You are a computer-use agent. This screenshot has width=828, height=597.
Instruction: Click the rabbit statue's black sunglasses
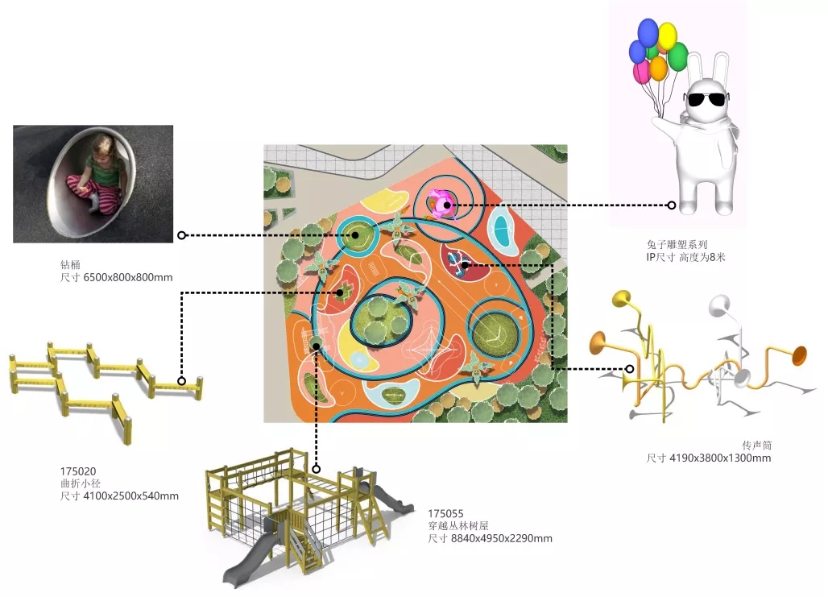[x=705, y=100]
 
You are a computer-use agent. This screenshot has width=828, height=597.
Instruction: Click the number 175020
[x=78, y=471]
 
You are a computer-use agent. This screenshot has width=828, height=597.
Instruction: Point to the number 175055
[x=445, y=512]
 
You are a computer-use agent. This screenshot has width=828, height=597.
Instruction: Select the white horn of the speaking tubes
[x=718, y=305]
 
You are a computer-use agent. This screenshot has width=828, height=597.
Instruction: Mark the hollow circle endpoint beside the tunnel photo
[x=181, y=235]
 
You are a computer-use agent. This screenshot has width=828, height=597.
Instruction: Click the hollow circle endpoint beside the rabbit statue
[x=671, y=205]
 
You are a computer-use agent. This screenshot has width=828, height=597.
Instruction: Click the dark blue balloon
[x=648, y=32]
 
